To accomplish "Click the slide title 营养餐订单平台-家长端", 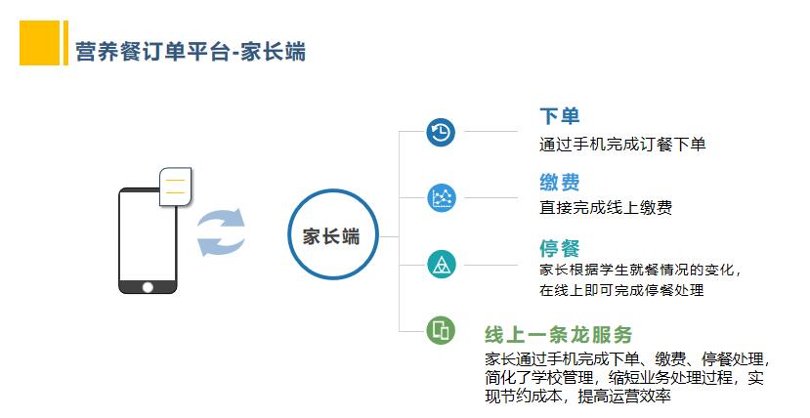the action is click(x=191, y=52).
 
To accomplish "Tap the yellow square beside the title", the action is click(x=40, y=43).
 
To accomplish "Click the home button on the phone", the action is click(x=148, y=287).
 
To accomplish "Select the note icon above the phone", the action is click(x=176, y=187).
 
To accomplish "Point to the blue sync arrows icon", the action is click(x=221, y=231).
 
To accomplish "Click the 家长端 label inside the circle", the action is click(x=331, y=236).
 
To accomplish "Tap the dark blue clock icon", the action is click(x=441, y=132).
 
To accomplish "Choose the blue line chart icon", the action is click(x=442, y=197).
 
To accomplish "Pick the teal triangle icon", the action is click(x=442, y=265).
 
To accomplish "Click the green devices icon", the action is click(x=441, y=330).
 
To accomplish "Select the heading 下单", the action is click(x=560, y=116).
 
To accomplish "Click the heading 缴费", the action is click(x=560, y=183).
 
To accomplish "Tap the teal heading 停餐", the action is click(x=560, y=248).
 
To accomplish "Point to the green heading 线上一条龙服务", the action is click(x=559, y=334).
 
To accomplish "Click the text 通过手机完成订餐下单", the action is click(x=622, y=144).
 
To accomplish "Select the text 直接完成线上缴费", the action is click(x=606, y=207).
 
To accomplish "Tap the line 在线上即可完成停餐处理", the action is click(x=621, y=290).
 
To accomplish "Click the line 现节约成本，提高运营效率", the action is click(x=577, y=397).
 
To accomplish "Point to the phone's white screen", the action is click(x=148, y=236).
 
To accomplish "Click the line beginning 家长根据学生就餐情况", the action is click(x=641, y=270).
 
